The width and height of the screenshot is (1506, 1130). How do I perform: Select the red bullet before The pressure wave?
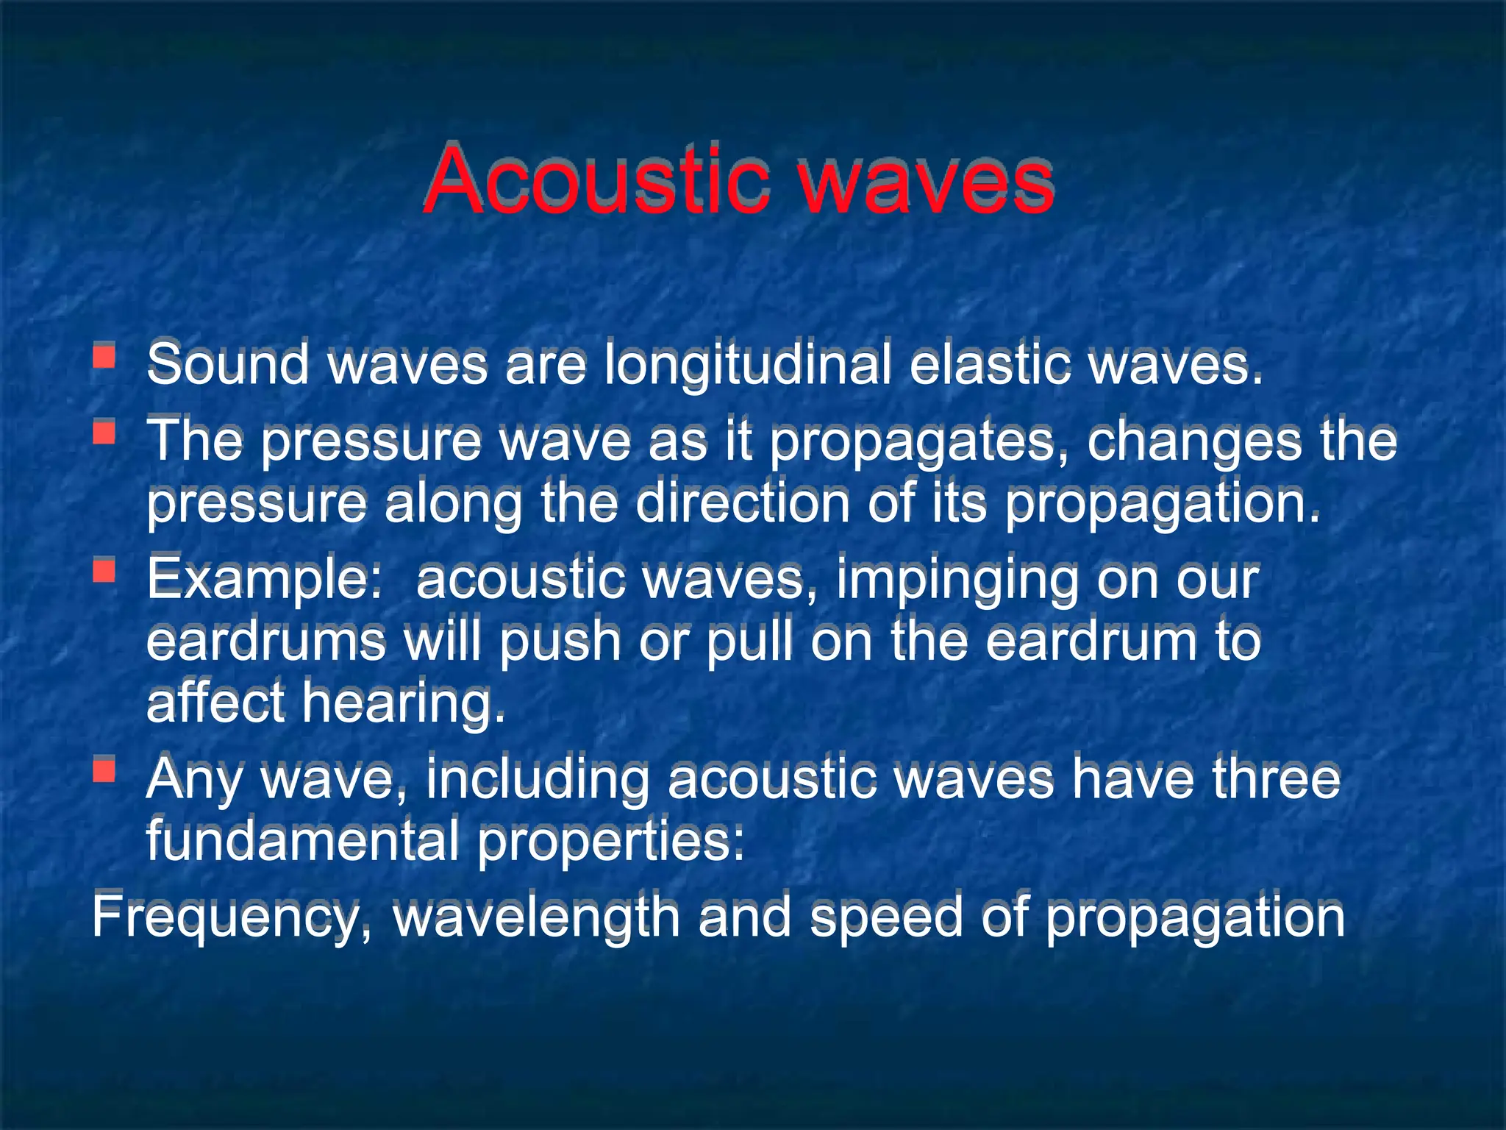pyautogui.click(x=104, y=432)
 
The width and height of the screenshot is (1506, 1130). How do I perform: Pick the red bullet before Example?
pyautogui.click(x=104, y=570)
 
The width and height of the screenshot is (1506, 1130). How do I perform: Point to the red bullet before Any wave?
pyautogui.click(x=104, y=770)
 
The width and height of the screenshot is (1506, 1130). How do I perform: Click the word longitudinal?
pyautogui.click(x=746, y=366)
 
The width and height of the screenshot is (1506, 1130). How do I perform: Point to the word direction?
pyautogui.click(x=742, y=504)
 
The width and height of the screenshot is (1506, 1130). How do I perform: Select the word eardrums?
pyautogui.click(x=265, y=642)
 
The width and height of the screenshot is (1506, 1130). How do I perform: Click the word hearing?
pyautogui.click(x=403, y=704)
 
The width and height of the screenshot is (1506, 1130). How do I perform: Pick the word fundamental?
pyautogui.click(x=302, y=840)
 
